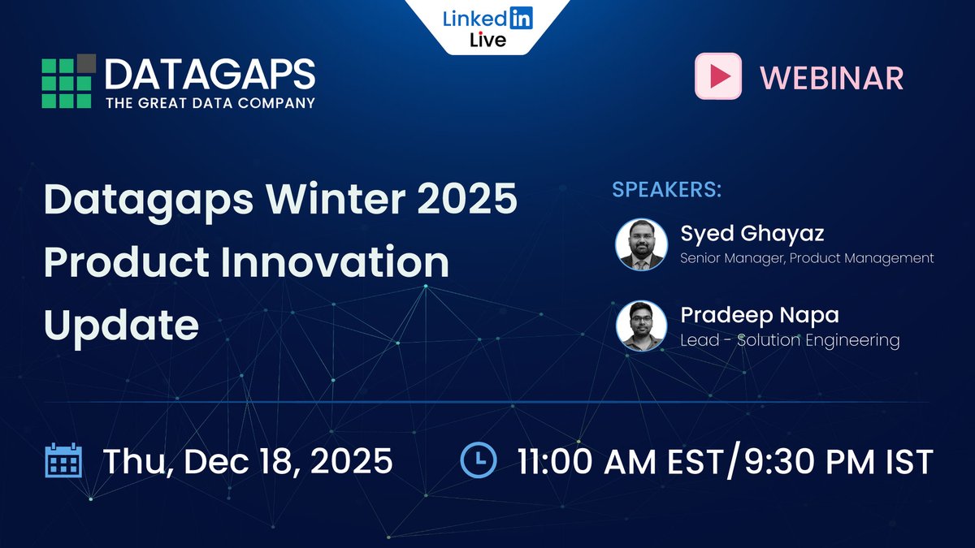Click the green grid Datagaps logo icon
click(x=68, y=81)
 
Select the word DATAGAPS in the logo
click(x=210, y=75)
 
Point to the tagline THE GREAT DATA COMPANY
click(x=210, y=103)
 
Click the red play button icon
click(x=717, y=76)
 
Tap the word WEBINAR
click(x=831, y=77)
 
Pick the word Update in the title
click(x=121, y=325)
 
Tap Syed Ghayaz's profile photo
click(x=641, y=244)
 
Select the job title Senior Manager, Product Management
click(x=807, y=258)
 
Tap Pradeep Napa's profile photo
click(x=641, y=326)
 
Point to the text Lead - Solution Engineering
click(x=789, y=340)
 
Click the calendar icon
click(x=63, y=460)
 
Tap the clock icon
click(x=479, y=460)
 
